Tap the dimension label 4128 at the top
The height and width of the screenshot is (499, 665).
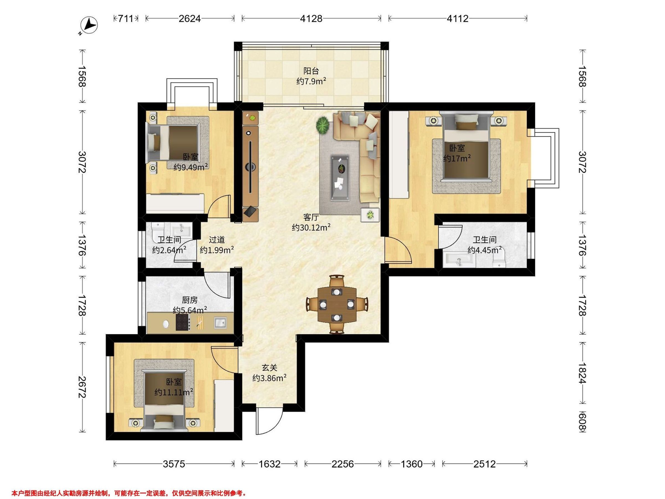(x=311, y=19)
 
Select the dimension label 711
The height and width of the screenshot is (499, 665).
(x=125, y=19)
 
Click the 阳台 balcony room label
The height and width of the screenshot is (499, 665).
(x=311, y=71)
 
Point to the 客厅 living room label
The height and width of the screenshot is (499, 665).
(x=311, y=217)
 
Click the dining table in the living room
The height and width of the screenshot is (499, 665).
(x=337, y=305)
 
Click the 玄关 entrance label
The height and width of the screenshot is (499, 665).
(x=269, y=368)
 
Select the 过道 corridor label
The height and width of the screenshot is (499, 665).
(x=217, y=240)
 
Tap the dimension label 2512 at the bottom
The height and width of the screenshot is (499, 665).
(x=484, y=464)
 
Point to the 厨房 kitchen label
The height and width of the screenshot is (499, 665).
(x=190, y=300)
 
